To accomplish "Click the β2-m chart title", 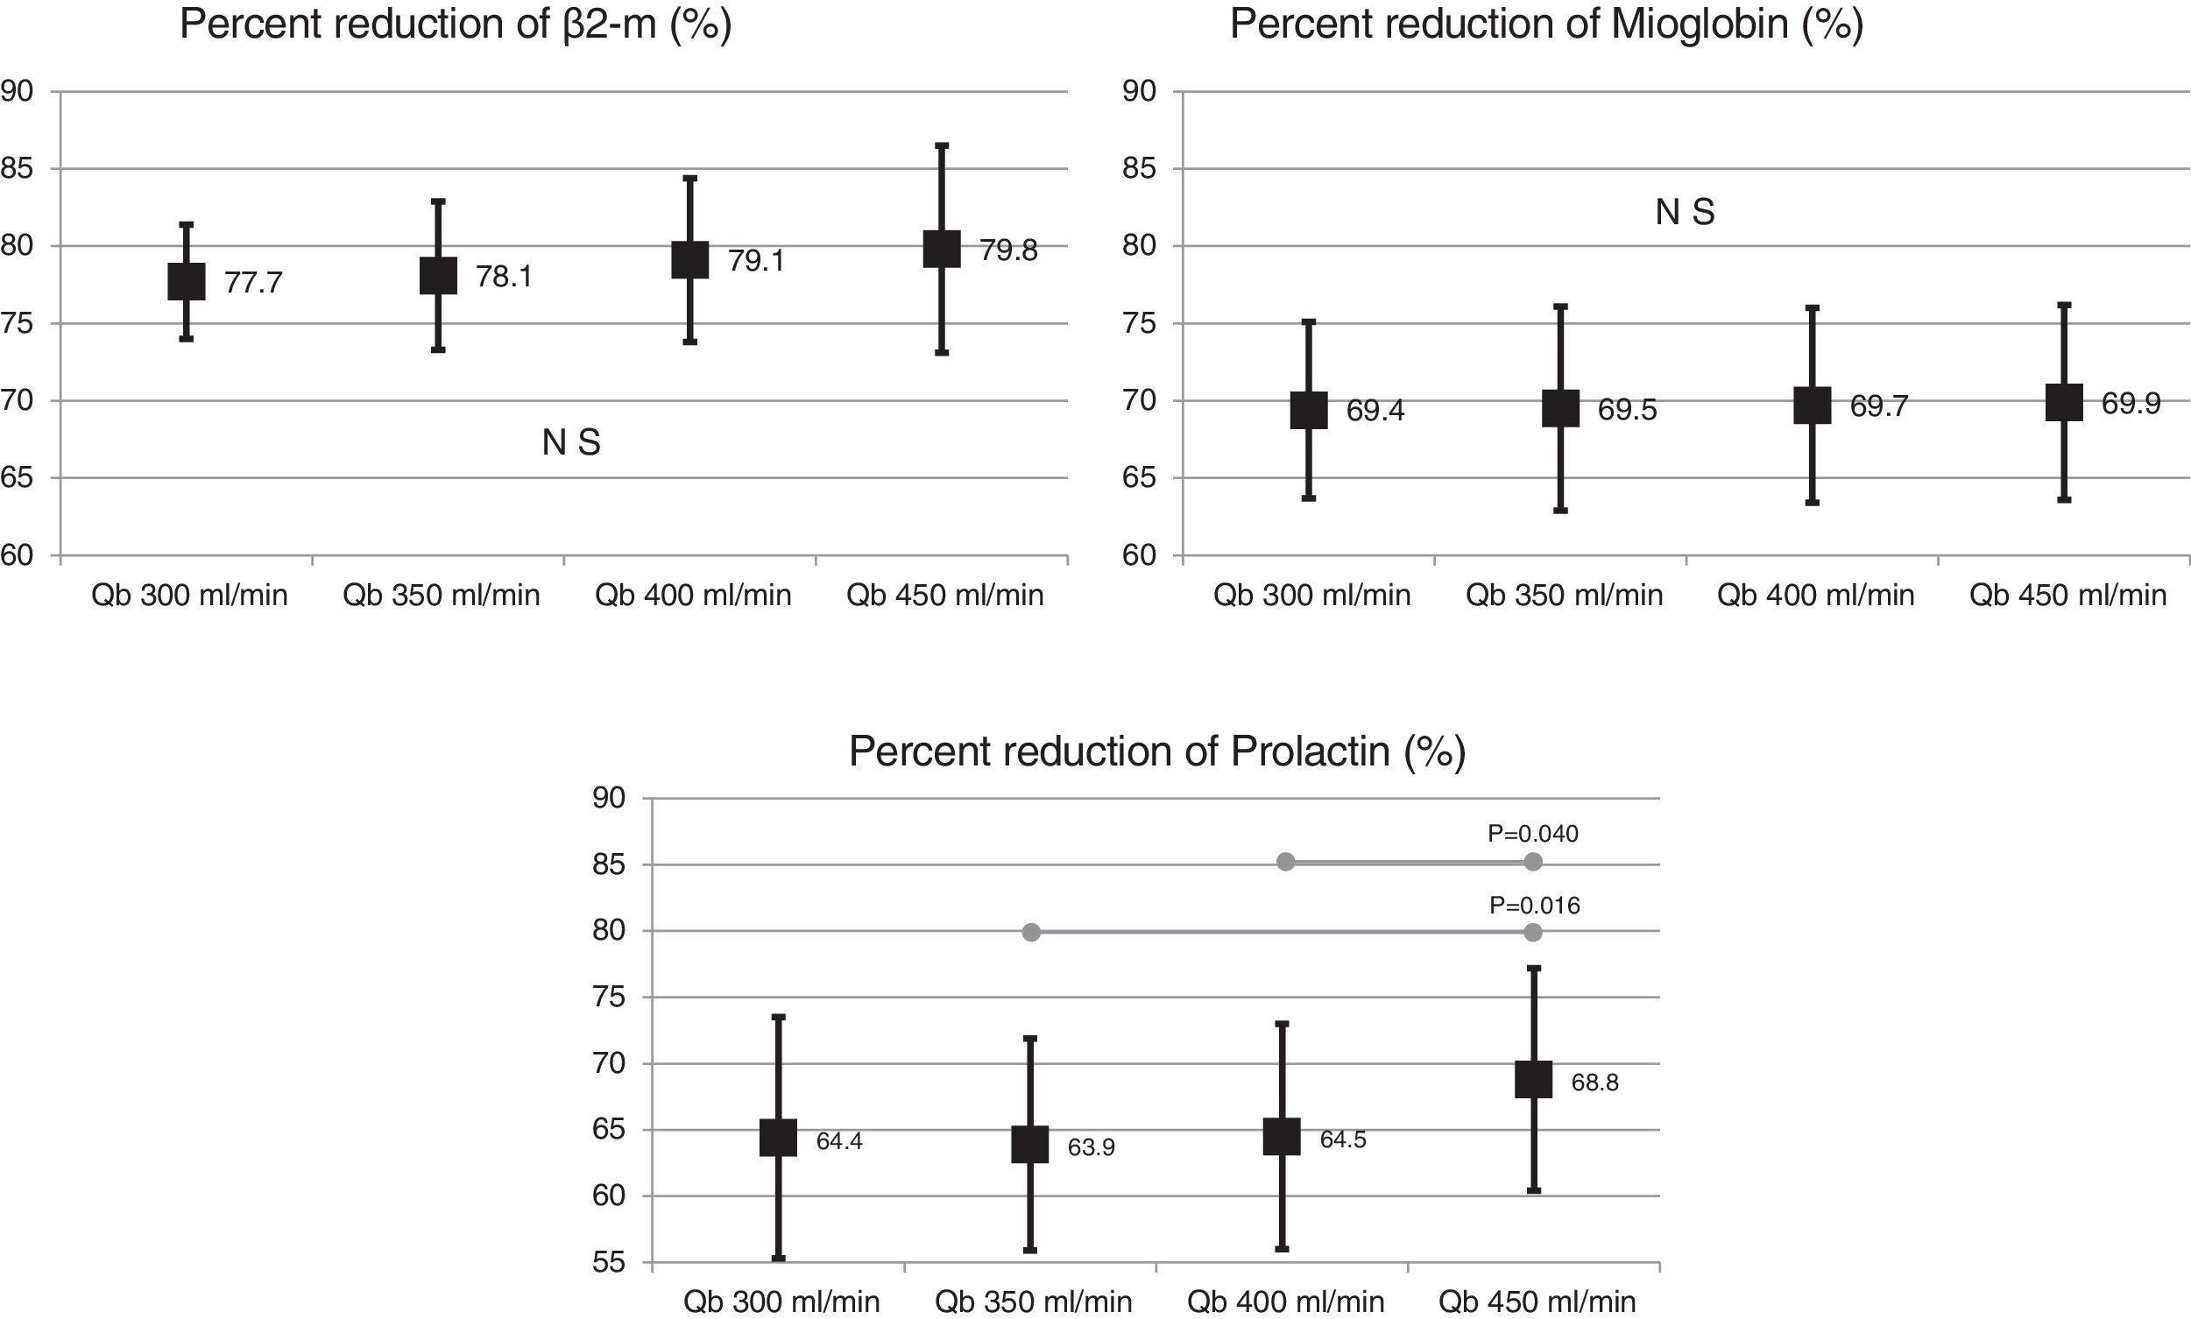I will click(x=455, y=24).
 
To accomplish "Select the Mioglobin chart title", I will click(x=1545, y=24).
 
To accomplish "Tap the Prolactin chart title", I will click(x=1156, y=752).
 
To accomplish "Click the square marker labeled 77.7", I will click(x=187, y=282).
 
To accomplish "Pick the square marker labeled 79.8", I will click(x=942, y=249).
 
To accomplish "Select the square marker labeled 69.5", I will click(x=1561, y=409).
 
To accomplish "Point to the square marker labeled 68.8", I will click(x=1533, y=1080).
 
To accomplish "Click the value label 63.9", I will click(x=1091, y=1147).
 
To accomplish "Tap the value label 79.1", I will click(x=755, y=261).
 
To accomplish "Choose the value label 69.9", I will click(x=2131, y=405).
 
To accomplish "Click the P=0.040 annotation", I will click(x=1532, y=834).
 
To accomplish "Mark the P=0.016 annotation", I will click(x=1534, y=906).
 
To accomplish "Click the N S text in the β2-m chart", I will click(x=571, y=442).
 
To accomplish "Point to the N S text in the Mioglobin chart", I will click(x=1685, y=213).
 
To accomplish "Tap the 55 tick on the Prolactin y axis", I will click(x=609, y=1263).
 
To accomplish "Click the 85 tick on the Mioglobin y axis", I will click(x=1139, y=169).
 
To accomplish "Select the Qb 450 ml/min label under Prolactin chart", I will click(x=1537, y=1302).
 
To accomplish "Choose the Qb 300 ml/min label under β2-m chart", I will click(x=189, y=596).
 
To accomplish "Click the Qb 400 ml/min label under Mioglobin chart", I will click(x=1815, y=596).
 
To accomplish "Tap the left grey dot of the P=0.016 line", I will click(x=1031, y=933).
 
